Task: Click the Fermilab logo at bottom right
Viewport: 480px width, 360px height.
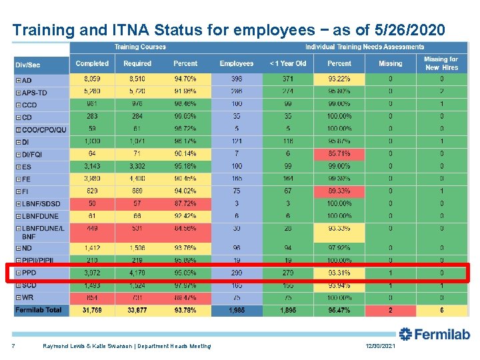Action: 434,334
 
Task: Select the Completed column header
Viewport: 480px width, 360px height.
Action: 92,63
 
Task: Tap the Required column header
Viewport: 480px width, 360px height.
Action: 137,63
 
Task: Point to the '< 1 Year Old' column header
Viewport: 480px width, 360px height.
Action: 288,63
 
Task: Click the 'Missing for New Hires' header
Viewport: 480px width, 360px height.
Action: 441,63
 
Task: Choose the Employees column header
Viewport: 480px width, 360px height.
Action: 237,63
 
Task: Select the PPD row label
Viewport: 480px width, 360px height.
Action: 29,273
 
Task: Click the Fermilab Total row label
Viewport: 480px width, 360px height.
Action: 39,310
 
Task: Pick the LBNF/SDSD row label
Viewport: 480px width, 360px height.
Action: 41,203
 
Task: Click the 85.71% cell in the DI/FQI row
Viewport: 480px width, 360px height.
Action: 339,153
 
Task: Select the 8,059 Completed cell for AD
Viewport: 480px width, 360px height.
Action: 92,79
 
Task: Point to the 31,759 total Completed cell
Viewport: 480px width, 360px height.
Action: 92,310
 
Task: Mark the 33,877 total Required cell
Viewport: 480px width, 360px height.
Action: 137,310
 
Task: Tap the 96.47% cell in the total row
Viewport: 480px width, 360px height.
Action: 339,310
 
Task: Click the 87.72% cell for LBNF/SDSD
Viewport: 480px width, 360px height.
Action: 185,203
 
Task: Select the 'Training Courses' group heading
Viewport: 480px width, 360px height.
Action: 140,47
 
